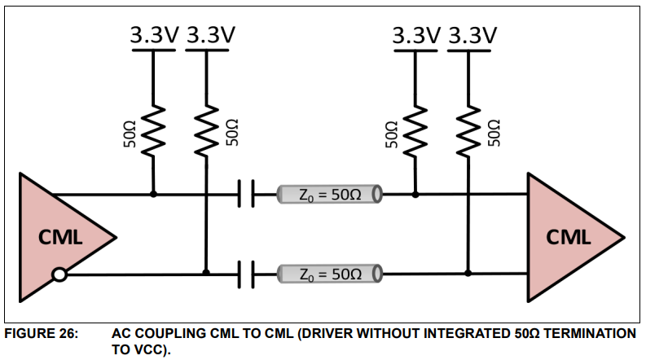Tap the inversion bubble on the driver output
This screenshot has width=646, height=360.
click(59, 274)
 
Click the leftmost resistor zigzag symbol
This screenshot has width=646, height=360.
click(153, 130)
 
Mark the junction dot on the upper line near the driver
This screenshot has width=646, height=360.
click(153, 195)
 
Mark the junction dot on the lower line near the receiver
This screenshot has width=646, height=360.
click(468, 274)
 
